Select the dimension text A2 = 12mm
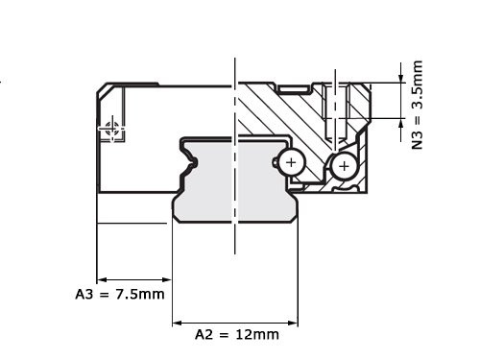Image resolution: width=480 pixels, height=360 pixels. tap(237, 334)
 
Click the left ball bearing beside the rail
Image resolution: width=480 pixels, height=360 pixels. tap(291, 163)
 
